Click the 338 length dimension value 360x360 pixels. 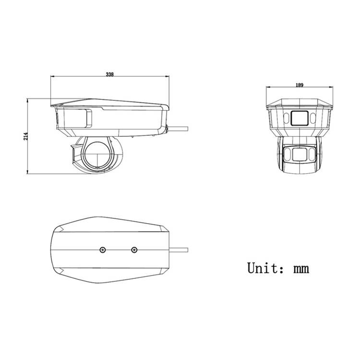coord(110,74)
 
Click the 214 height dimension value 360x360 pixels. coord(25,136)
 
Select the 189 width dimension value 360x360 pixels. coord(300,85)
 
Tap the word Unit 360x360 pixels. coord(264,268)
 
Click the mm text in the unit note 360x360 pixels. coord(301,269)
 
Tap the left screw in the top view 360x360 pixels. coord(103,250)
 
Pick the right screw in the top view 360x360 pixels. coord(134,250)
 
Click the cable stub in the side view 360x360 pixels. coord(178,129)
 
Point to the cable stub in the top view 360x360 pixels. coord(179,250)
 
